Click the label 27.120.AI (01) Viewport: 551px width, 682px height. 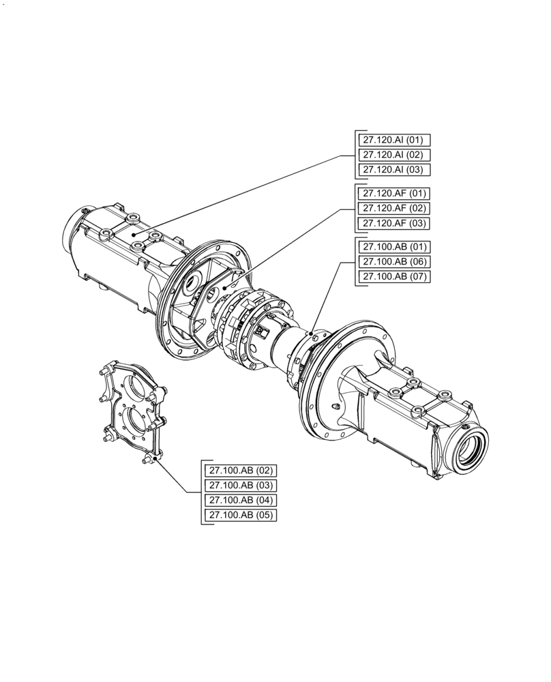(x=394, y=140)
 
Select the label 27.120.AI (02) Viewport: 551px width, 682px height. (x=394, y=155)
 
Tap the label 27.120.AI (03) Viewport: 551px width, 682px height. (x=394, y=170)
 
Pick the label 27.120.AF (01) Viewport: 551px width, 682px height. (x=394, y=194)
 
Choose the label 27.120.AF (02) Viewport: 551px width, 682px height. (x=394, y=208)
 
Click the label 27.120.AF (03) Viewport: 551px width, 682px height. (x=394, y=223)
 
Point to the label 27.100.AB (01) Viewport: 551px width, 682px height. (x=394, y=247)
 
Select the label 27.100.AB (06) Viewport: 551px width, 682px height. (x=394, y=262)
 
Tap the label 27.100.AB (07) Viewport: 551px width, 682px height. (x=394, y=277)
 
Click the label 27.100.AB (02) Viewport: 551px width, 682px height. (x=241, y=471)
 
